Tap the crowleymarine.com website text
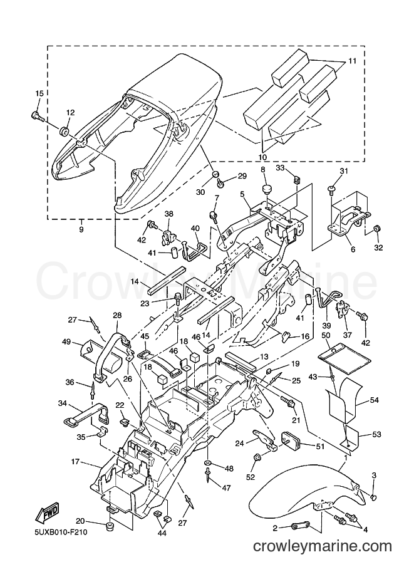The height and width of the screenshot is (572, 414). [x=323, y=546]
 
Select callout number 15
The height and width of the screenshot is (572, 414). [x=39, y=94]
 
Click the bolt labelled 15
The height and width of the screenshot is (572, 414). [x=36, y=116]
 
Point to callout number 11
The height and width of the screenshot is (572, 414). [x=352, y=61]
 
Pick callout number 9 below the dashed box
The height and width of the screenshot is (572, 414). [x=81, y=229]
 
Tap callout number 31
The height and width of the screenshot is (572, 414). [x=344, y=171]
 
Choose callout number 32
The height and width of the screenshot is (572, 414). [x=378, y=247]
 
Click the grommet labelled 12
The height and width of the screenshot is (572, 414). [x=65, y=130]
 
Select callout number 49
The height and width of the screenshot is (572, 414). [x=66, y=341]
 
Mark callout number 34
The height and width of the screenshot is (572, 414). [x=63, y=403]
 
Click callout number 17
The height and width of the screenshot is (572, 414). [x=75, y=462]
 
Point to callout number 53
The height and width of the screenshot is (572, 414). [x=376, y=434]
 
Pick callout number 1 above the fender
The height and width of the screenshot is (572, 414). [x=344, y=457]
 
